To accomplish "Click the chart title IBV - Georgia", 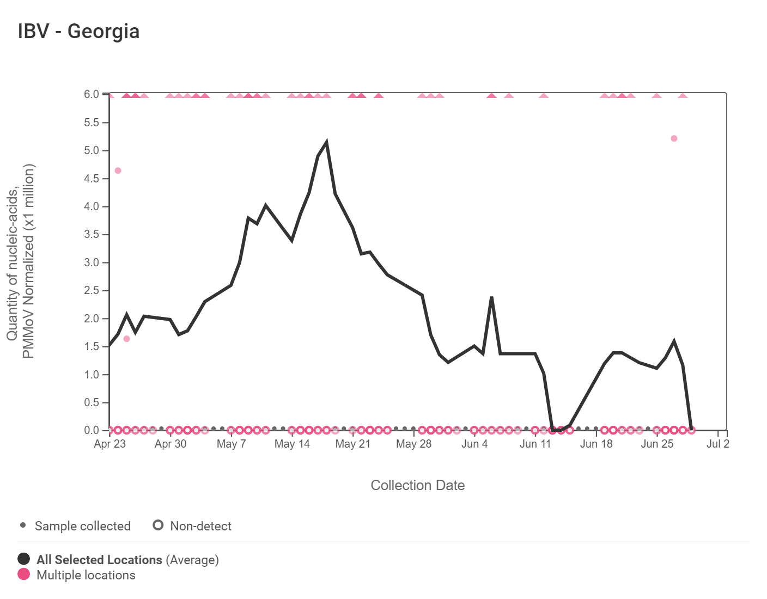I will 78,32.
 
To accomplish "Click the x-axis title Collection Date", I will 417,485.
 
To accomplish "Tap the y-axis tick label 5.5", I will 92,123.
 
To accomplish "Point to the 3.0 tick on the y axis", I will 92,262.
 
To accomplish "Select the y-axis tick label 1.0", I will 92,375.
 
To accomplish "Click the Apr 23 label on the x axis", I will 109,444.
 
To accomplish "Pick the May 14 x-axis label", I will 292,444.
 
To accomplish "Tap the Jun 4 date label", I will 474,444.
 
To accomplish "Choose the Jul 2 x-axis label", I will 717,444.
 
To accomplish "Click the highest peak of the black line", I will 326,143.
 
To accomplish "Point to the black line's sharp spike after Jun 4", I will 491,298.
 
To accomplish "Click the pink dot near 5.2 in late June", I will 674,138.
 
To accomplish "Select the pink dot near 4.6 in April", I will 118,170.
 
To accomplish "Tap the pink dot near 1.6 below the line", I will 126,339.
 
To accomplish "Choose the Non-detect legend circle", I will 158,525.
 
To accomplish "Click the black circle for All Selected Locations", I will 23,559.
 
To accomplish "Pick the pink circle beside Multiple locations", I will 23,574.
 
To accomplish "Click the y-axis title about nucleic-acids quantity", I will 21,261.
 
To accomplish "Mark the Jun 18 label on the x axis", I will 596,444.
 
